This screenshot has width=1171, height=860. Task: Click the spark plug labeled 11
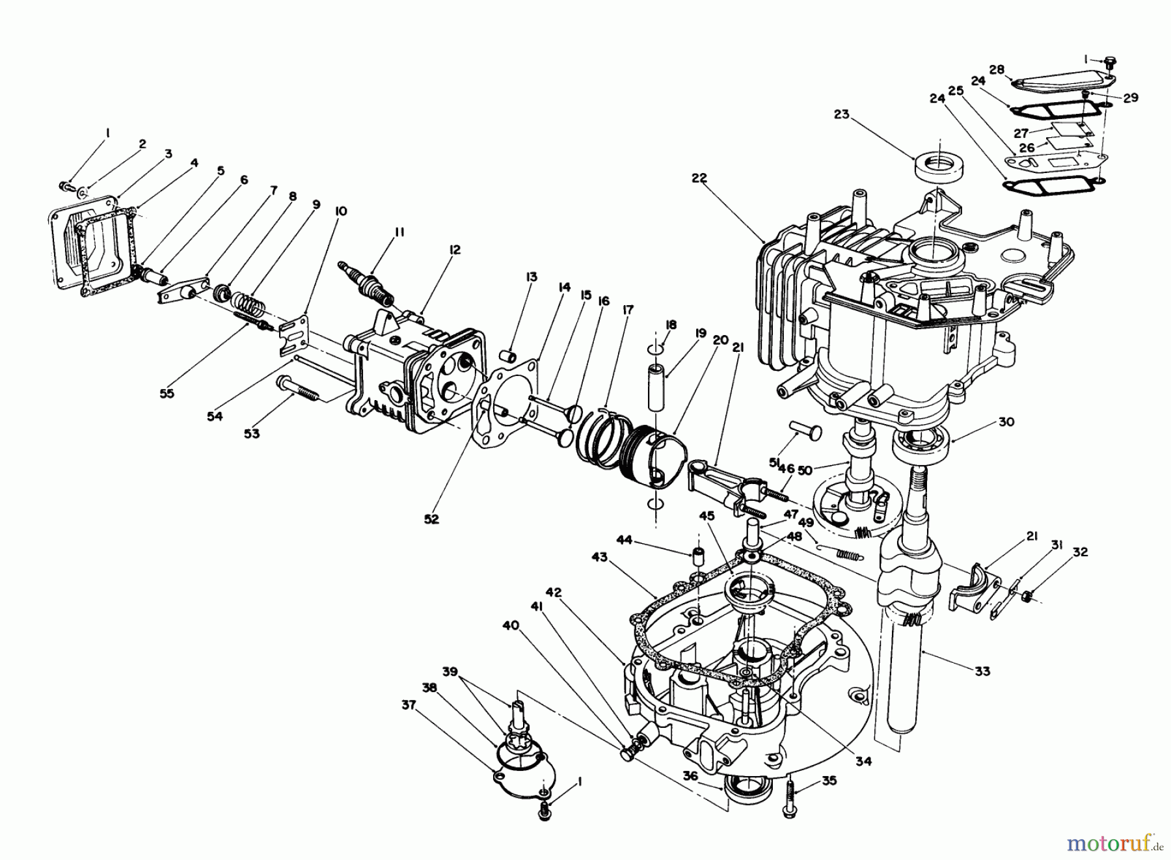coord(368,282)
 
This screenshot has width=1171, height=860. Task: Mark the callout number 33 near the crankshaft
coord(982,671)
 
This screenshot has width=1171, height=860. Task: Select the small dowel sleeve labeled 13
coord(509,358)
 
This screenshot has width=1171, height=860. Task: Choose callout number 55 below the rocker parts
coord(167,393)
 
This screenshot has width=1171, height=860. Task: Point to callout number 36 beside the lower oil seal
coord(690,776)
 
